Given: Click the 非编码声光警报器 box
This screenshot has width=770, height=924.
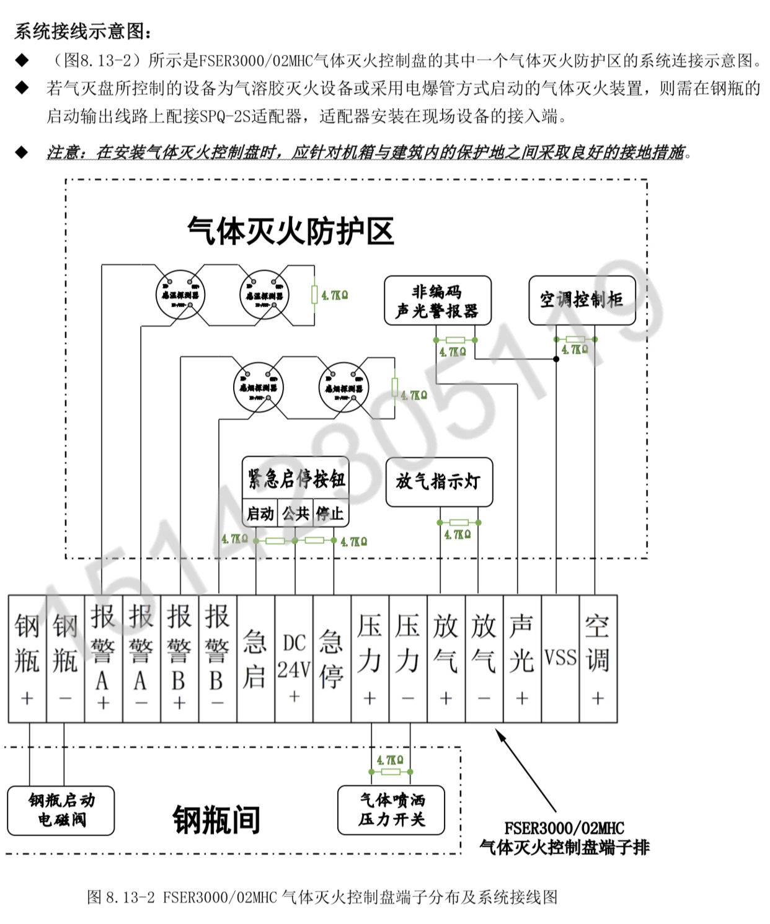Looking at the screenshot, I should (438, 301).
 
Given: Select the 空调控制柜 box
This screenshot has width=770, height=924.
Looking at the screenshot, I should (582, 300).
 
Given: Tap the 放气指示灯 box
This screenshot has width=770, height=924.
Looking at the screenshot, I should (439, 482).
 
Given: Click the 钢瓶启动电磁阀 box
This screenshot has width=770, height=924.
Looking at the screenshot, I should (61, 810).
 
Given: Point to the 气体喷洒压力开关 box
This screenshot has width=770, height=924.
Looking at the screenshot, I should (391, 810).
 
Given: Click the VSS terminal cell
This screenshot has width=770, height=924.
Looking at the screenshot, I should (560, 659).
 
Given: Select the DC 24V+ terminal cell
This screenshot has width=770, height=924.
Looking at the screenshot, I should (294, 659).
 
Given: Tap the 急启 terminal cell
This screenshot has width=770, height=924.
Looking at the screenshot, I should (255, 659).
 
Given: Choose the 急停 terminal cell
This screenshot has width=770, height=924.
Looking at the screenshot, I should (332, 659).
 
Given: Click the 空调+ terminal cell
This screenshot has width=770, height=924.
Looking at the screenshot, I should (598, 659).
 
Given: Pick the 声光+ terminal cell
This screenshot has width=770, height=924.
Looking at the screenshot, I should (522, 659).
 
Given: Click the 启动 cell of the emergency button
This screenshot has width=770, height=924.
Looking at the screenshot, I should (260, 513).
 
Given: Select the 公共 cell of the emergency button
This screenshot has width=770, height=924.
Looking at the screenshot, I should (295, 513).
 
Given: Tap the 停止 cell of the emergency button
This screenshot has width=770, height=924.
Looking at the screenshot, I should (330, 513).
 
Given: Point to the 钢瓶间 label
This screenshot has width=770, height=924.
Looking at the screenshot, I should (216, 820).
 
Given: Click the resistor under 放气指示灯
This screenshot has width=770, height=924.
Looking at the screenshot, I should (459, 523).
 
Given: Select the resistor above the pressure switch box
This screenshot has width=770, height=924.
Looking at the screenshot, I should (391, 771).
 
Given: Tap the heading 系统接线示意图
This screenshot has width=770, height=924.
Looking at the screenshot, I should (82, 31).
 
